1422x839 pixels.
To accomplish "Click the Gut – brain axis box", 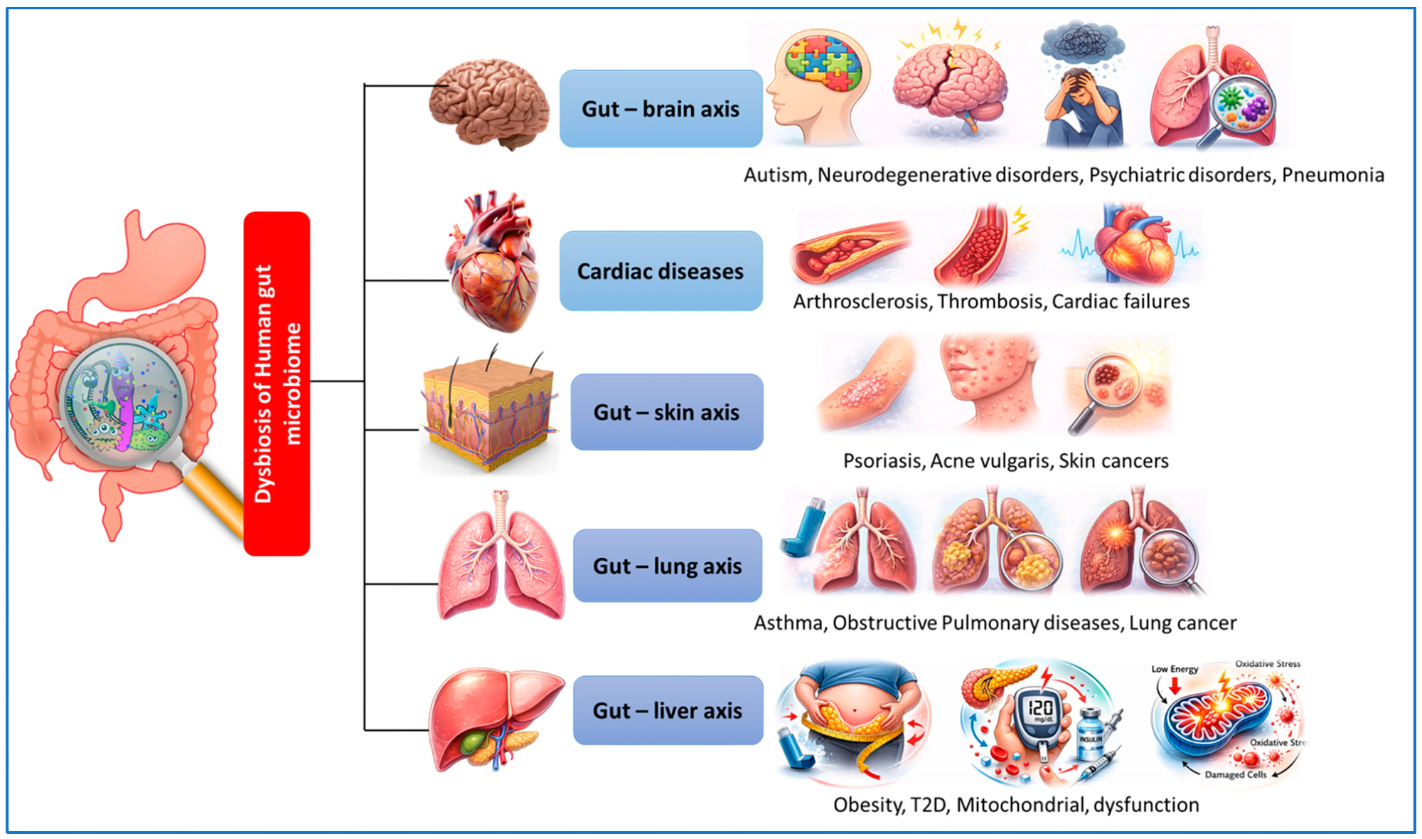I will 661,109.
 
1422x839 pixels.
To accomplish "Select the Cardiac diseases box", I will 661,271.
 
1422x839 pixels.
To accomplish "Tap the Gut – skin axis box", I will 666,412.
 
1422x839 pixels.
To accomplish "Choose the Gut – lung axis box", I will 667,566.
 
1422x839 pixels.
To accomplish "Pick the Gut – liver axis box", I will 668,710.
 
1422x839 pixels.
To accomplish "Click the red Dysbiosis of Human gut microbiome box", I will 277,384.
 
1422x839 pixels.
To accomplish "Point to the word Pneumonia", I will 1332,175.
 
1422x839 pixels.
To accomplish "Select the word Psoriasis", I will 882,461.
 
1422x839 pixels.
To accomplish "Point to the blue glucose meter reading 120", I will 1039,712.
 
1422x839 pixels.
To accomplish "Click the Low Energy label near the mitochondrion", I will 1175,669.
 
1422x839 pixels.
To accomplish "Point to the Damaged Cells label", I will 1235,774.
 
